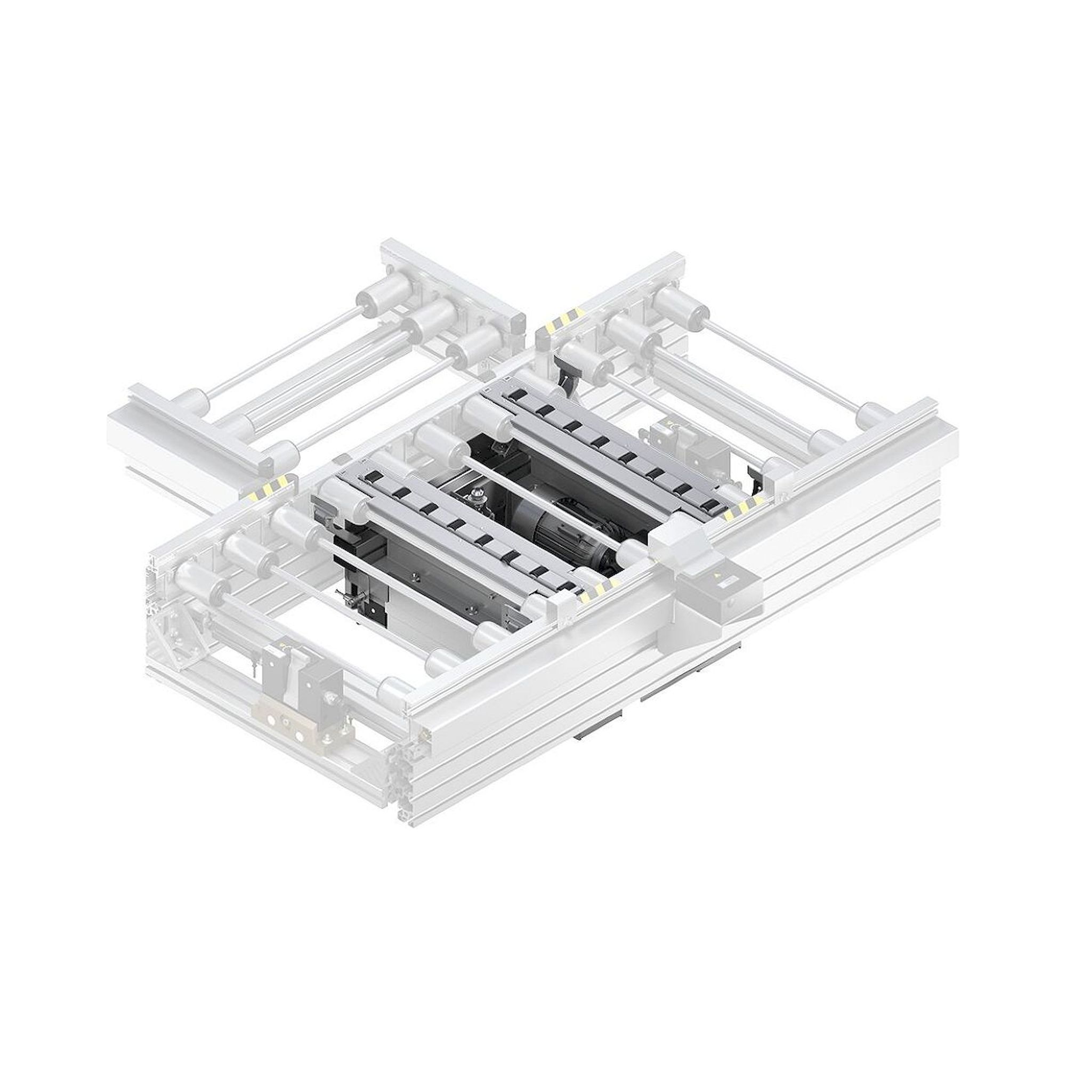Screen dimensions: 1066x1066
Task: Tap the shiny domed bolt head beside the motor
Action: [475, 491]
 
